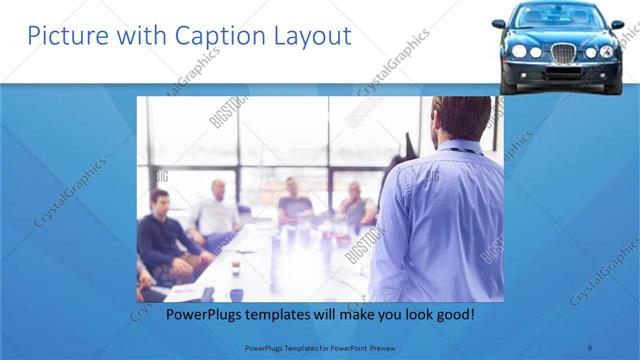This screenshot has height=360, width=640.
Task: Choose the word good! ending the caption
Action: [x=454, y=314]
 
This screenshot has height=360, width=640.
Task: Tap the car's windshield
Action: [x=561, y=17]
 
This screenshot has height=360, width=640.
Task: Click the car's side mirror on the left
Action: [x=499, y=23]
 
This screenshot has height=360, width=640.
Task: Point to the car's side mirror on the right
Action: [x=617, y=23]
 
